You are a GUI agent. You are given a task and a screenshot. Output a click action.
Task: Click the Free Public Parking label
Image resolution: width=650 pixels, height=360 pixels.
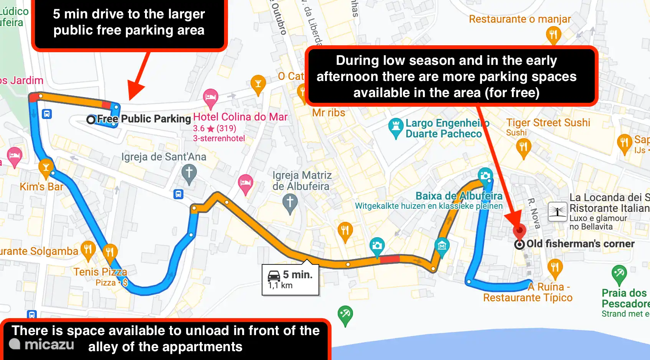coord(144,119)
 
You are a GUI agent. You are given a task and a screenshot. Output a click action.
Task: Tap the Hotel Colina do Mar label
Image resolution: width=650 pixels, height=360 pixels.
coord(240,117)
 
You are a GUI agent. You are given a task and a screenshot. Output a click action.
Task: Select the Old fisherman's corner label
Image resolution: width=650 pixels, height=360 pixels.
coord(580,244)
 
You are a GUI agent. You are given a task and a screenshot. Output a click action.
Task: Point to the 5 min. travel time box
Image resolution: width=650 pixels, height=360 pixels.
coord(290,280)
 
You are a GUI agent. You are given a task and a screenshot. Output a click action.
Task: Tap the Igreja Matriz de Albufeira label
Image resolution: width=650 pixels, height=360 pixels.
coord(302,181)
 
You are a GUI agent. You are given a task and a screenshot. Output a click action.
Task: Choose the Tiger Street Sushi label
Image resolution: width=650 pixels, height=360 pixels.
coord(548,123)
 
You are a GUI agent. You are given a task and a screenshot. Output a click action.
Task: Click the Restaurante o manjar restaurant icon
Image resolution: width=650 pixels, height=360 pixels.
coord(553,35)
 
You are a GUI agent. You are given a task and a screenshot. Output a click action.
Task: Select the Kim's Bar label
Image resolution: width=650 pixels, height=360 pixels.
coord(41,187)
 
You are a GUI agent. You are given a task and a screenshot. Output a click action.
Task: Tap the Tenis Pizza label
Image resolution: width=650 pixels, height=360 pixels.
coord(100,272)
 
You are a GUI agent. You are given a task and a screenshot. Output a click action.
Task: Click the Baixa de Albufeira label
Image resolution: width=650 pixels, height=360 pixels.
coord(459,196)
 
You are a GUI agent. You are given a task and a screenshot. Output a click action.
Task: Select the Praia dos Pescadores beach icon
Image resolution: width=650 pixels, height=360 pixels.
coord(619,274)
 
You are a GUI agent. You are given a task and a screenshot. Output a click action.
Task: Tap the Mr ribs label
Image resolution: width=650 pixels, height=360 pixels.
coord(328,113)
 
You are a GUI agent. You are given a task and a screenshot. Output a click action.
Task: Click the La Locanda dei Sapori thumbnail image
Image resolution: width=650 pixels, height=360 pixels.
coord(558,211)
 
